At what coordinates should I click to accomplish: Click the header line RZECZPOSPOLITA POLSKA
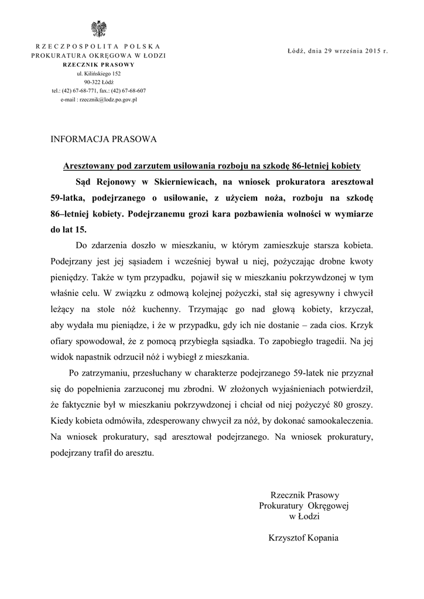coord(98,46)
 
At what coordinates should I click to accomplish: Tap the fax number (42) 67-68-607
coord(127,91)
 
